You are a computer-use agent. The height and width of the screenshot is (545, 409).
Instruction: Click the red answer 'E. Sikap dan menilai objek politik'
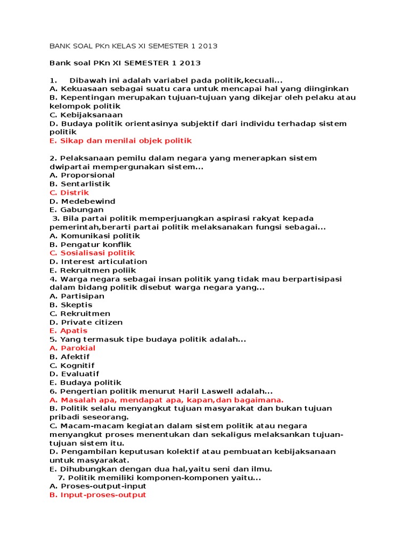pyautogui.click(x=120, y=141)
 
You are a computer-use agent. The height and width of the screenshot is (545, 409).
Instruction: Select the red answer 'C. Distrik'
pyautogui.click(x=69, y=193)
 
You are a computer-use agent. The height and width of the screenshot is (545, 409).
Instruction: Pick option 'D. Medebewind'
pyautogui.click(x=82, y=201)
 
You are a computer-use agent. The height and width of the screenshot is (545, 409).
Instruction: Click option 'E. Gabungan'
pyautogui.click(x=77, y=210)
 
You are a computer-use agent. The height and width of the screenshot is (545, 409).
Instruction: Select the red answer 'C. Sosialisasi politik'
pyautogui.click(x=92, y=253)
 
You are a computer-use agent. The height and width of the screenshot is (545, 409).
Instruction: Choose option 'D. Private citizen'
pyautogui.click(x=86, y=322)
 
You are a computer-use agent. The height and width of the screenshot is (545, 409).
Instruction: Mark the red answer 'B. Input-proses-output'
pyautogui.click(x=97, y=494)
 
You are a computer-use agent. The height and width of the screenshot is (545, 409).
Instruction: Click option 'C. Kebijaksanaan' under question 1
pyautogui.click(x=86, y=115)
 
